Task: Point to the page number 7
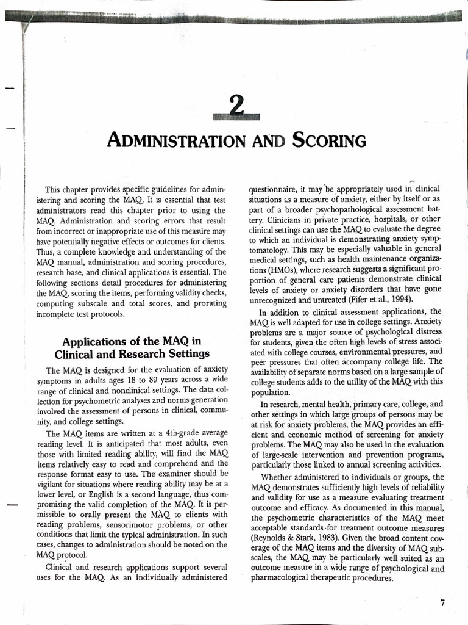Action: (x=442, y=602)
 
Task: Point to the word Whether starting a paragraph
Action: (x=278, y=476)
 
